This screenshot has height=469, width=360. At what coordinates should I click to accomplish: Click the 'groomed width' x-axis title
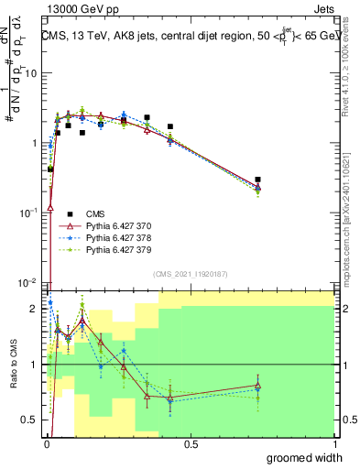(x=307, y=457)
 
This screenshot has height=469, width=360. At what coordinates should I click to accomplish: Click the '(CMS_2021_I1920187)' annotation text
(x=190, y=273)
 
